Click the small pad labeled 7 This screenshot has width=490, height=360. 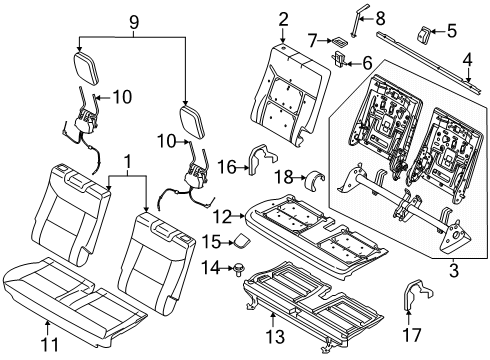click(x=342, y=42)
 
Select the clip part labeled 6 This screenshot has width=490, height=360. click(x=340, y=62)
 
